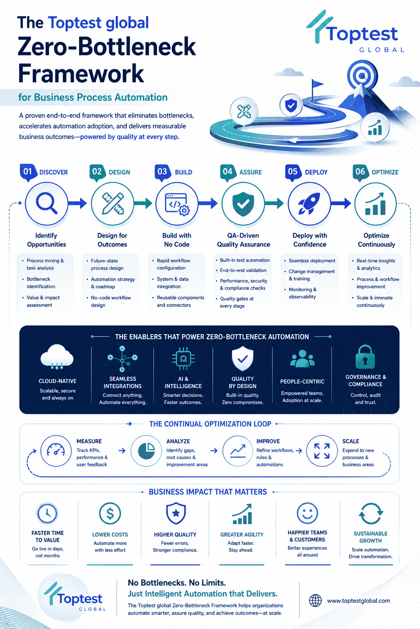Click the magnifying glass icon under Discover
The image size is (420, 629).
(46, 203)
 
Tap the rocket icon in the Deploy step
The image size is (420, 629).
(309, 203)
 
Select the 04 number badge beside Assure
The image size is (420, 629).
(228, 172)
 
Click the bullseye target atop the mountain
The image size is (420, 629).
(362, 75)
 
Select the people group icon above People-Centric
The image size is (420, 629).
(302, 358)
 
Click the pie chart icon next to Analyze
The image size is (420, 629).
(146, 451)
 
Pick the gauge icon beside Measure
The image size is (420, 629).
(56, 450)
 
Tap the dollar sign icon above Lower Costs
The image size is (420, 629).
(110, 513)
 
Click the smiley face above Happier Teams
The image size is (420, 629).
(308, 513)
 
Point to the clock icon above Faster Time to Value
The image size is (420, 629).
(47, 513)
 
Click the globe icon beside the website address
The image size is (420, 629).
(315, 600)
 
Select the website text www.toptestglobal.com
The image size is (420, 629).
(358, 601)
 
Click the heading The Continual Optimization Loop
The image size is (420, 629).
(210, 424)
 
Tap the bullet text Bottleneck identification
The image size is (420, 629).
(41, 283)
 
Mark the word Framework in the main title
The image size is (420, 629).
(81, 73)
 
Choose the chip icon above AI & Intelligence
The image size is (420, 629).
(183, 358)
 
